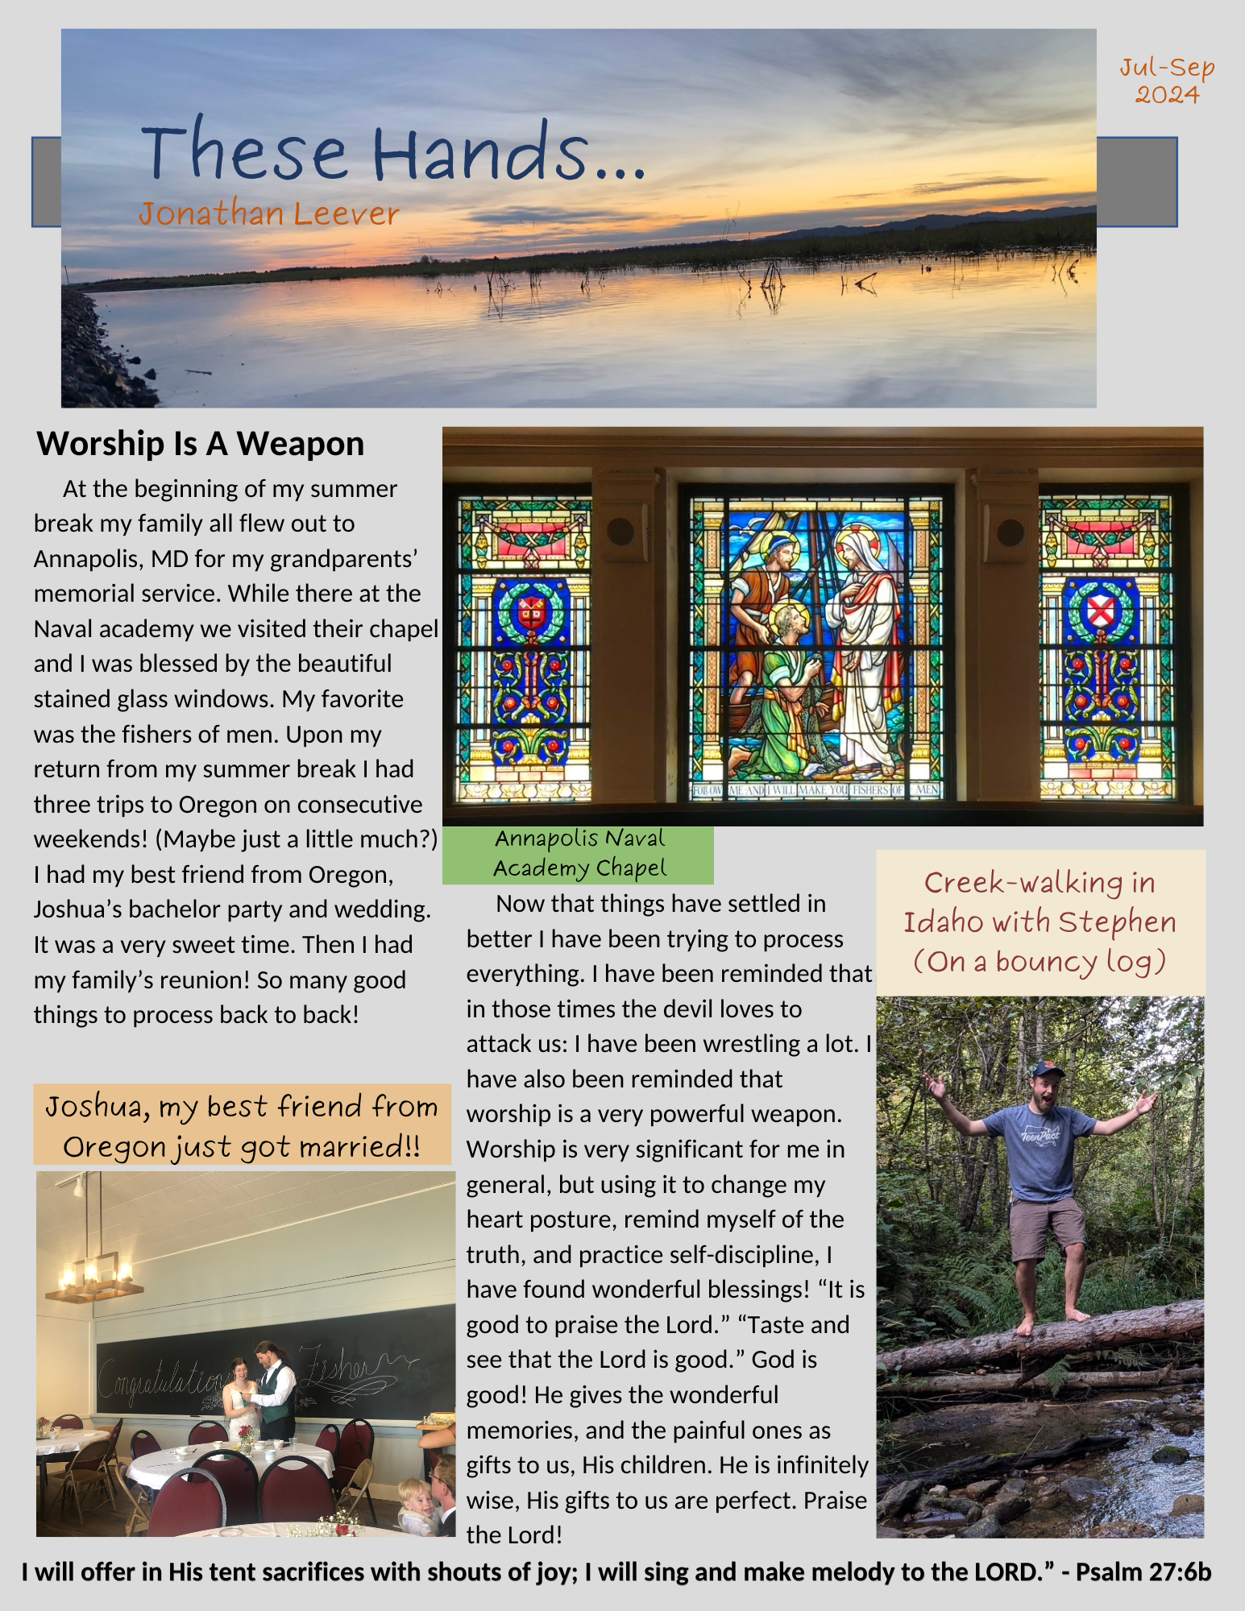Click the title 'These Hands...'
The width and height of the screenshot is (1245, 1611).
[x=392, y=151]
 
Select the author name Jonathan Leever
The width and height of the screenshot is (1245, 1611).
[x=268, y=214]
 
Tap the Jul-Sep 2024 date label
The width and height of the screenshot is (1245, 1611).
[x=1167, y=81]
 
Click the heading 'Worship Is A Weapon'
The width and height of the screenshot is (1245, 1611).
[x=201, y=444]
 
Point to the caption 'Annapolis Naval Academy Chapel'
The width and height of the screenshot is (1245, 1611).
[x=579, y=854]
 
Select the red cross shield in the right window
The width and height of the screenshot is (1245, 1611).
[x=1100, y=610]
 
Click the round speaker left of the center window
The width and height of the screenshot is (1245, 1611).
[x=620, y=531]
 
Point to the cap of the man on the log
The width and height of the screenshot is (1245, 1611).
[x=1048, y=1070]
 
